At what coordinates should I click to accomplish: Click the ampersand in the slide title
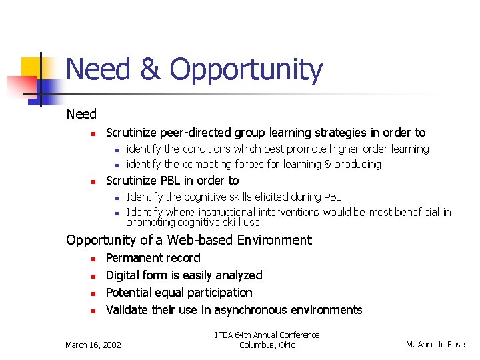pos(152,70)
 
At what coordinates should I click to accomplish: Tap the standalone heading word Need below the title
pos(81,115)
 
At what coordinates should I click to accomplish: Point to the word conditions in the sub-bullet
pos(206,149)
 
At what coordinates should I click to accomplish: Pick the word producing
pos(357,165)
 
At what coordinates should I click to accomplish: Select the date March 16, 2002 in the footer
pos(93,345)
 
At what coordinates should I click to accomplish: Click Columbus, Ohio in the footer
pos(267,345)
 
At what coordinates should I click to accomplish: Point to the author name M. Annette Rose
pos(436,345)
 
